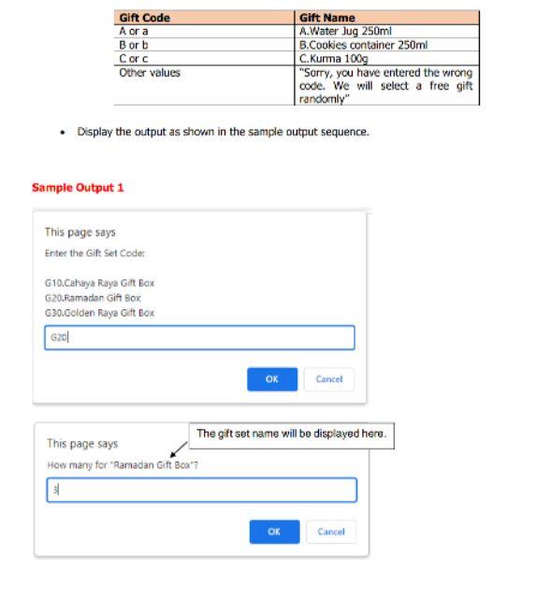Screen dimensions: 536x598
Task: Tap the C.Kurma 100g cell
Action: tap(328, 56)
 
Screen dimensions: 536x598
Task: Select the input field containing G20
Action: tap(199, 337)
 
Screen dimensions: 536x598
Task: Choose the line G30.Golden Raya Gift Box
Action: tap(100, 313)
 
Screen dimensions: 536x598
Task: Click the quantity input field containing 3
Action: tap(201, 491)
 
